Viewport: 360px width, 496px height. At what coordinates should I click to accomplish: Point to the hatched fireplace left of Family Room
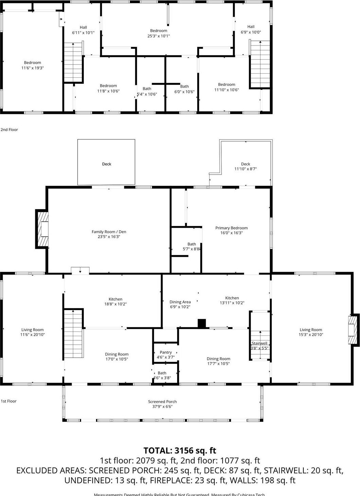[x=42, y=229]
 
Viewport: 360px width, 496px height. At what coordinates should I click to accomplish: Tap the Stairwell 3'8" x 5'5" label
[x=260, y=345]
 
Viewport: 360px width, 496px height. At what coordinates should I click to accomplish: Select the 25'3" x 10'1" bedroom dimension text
[x=158, y=36]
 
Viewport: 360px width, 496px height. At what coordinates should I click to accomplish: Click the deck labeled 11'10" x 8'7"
[x=245, y=166]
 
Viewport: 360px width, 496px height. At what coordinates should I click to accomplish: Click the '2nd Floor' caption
[x=9, y=130]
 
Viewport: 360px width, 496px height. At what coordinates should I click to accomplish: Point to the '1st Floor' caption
[x=8, y=401]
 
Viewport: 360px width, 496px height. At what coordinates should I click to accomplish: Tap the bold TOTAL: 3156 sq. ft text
[x=179, y=451]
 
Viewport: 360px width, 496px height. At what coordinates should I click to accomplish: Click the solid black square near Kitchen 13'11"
[x=202, y=323]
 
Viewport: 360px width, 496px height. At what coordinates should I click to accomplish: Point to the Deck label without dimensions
[x=107, y=164]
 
